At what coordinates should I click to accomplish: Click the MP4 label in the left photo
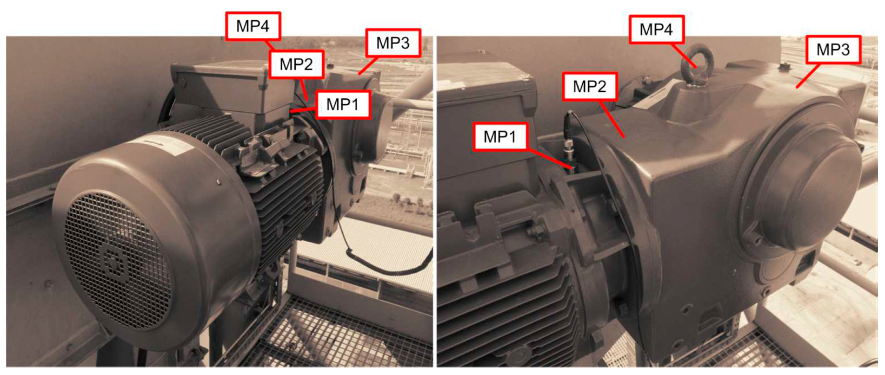[x=253, y=26]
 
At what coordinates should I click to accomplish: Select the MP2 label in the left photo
[x=296, y=64]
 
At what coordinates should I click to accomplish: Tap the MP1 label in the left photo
[x=343, y=104]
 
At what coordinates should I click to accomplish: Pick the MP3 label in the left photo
[x=393, y=43]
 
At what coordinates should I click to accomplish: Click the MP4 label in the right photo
[x=656, y=29]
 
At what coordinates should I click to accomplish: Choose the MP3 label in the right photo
[x=833, y=50]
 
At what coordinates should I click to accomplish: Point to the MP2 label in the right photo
[x=590, y=86]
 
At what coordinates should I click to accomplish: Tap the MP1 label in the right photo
[x=500, y=137]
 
